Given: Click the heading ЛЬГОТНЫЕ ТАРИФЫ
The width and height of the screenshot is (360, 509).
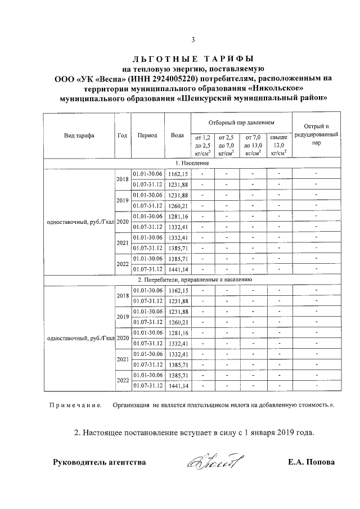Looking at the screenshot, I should tap(193, 58).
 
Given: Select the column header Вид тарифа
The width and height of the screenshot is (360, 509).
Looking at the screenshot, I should tap(79, 136).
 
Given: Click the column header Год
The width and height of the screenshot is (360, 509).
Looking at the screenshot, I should tap(122, 136).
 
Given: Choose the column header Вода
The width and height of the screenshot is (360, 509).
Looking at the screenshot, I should tap(177, 136).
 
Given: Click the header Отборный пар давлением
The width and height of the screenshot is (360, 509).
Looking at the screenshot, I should tap(241, 122).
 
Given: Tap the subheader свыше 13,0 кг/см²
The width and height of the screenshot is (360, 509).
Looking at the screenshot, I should tap(279, 145).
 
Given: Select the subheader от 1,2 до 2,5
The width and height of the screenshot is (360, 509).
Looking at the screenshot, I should tap(202, 145).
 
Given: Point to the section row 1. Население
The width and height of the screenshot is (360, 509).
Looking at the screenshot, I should tap(193, 163).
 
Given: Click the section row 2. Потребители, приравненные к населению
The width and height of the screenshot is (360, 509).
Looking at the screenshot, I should tap(193, 279).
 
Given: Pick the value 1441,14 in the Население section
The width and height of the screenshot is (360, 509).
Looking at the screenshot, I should tap(178, 269).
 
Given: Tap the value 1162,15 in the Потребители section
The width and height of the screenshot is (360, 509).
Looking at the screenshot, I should tap(178, 290).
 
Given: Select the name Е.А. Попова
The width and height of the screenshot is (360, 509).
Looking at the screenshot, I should tap(310, 463).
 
